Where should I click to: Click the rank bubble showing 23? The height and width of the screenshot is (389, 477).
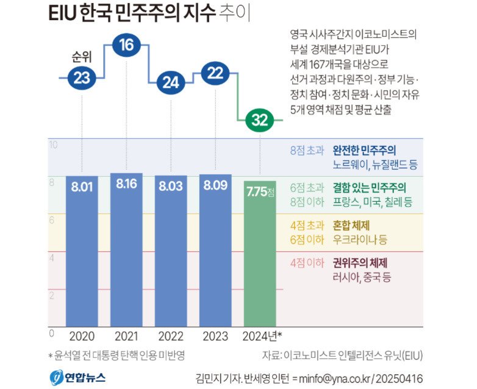tap(82, 77)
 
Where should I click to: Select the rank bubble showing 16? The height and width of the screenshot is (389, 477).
tap(126, 46)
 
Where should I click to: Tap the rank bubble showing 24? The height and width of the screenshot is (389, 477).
tap(171, 83)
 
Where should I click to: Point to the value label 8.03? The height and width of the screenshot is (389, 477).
tap(171, 187)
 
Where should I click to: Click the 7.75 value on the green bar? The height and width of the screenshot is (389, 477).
tap(257, 191)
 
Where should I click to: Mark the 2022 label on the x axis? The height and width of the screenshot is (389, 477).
tap(171, 336)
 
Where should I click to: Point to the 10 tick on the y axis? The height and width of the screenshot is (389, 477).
tap(52, 145)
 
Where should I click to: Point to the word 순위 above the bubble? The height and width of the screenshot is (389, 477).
tap(82, 60)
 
